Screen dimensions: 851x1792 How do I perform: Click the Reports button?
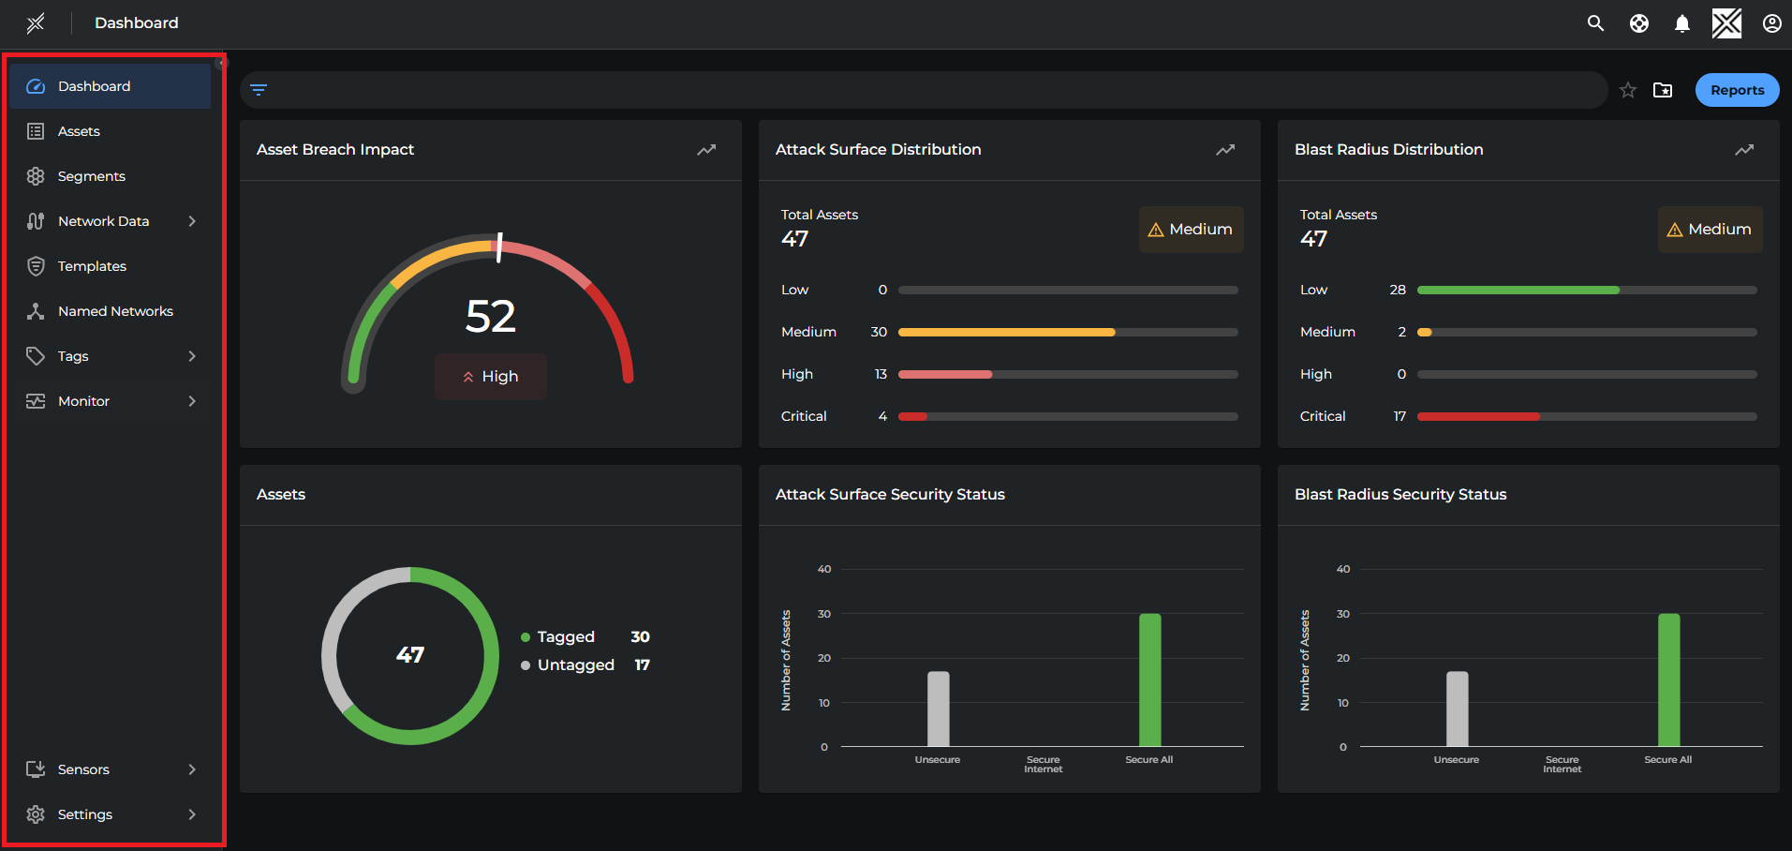[x=1737, y=90]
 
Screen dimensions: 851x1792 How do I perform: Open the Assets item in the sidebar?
[x=79, y=131]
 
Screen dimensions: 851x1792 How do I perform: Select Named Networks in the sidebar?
[x=115, y=311]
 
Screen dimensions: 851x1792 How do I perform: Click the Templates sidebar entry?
[x=92, y=266]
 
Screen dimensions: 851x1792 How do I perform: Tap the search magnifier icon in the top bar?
[x=1595, y=23]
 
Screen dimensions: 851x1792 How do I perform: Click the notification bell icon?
[x=1682, y=23]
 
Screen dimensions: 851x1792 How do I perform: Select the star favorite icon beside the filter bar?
[x=1628, y=90]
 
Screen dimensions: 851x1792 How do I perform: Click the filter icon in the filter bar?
[x=259, y=90]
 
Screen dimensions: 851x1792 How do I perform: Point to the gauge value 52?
[x=491, y=317]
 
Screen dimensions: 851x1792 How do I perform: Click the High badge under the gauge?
[x=491, y=377]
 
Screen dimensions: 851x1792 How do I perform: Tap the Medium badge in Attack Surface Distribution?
[x=1191, y=230]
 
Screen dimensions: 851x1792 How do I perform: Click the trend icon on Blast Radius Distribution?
[x=1744, y=150]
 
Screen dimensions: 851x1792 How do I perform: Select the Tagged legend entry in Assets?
[x=565, y=637]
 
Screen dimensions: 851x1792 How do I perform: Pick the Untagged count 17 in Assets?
[x=642, y=665]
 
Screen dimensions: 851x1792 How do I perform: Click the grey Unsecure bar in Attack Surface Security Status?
[x=938, y=709]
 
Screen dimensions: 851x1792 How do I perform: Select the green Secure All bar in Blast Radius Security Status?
[x=1668, y=680]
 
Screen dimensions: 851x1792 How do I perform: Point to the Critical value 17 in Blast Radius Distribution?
[x=1400, y=416]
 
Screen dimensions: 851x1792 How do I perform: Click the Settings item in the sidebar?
[x=85, y=814]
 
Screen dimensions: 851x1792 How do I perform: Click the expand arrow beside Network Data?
[x=192, y=221]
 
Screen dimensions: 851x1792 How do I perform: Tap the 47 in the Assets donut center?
[x=410, y=655]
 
